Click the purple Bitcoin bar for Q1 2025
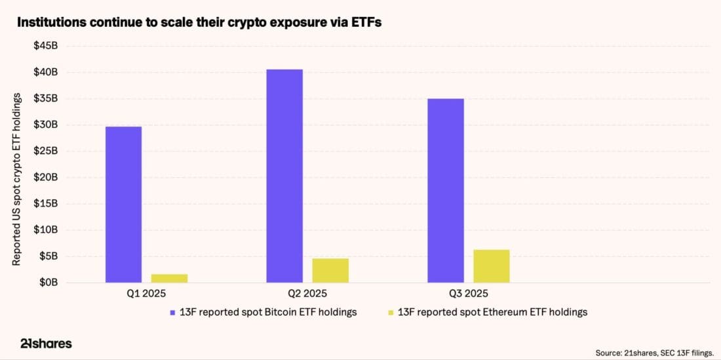(123, 205)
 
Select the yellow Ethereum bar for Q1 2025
(169, 278)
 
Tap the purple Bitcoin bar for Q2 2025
(284, 176)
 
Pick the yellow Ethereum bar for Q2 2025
(330, 270)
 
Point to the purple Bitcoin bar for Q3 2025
(445, 191)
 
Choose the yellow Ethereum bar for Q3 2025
(491, 266)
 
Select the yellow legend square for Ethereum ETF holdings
(391, 313)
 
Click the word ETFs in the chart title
(363, 22)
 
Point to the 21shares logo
(45, 343)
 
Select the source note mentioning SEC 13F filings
(654, 353)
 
